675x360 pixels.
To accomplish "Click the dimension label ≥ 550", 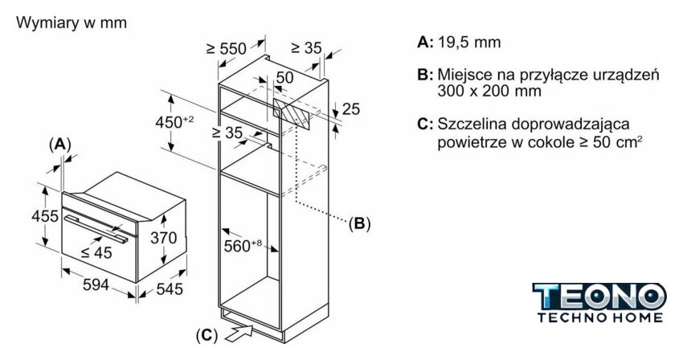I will click(226, 49).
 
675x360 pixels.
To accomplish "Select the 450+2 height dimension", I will click(174, 121).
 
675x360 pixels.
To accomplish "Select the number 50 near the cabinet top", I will click(284, 77).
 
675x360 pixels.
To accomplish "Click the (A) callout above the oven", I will click(59, 144).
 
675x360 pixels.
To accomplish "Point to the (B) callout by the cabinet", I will click(359, 223).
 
